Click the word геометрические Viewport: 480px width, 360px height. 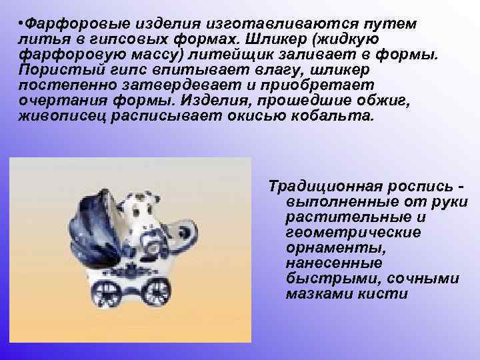pyautogui.click(x=353, y=233)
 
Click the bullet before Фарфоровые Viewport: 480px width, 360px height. pyautogui.click(x=21, y=25)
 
